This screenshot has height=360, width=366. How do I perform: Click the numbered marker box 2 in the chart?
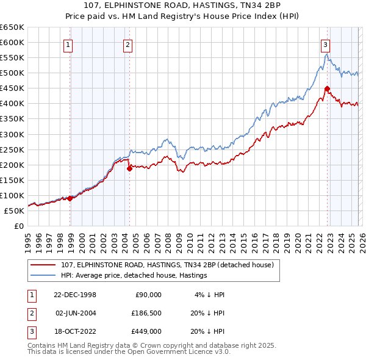(127, 44)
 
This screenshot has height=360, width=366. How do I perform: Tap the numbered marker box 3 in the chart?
(325, 44)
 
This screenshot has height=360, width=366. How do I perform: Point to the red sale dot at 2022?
(328, 88)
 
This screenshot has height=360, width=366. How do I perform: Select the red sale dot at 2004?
(129, 169)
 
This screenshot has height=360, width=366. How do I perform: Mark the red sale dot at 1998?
(70, 198)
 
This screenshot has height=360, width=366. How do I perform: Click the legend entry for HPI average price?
(134, 275)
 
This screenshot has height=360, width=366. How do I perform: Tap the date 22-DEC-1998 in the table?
(76, 294)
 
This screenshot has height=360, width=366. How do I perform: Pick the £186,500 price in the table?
(146, 313)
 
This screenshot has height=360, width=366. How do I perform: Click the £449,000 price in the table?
(146, 332)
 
